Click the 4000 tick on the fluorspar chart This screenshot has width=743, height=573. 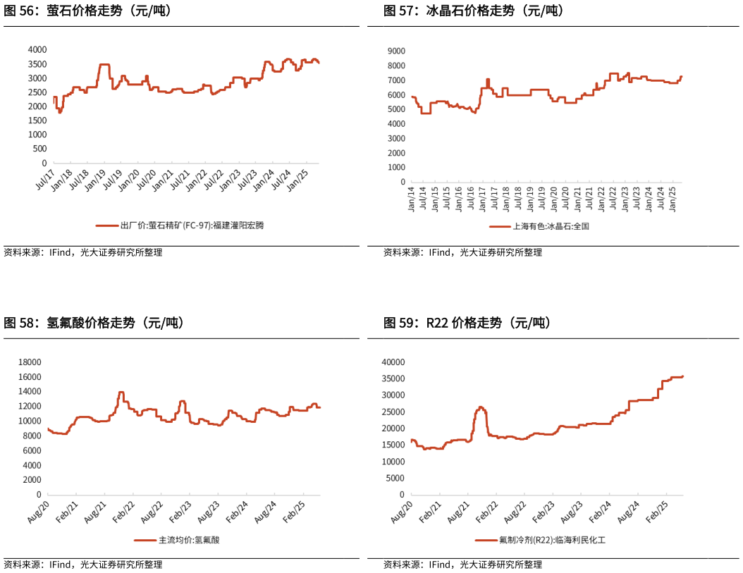click(x=37, y=50)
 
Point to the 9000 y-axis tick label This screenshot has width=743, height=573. click(x=395, y=51)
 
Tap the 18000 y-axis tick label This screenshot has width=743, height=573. click(x=30, y=362)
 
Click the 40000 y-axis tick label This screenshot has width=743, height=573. click(x=393, y=362)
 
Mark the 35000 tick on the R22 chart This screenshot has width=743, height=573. click(x=393, y=378)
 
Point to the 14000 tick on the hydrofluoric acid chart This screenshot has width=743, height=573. click(x=30, y=392)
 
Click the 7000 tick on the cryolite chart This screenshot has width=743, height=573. click(x=395, y=80)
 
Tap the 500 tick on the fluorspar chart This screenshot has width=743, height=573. click(x=39, y=149)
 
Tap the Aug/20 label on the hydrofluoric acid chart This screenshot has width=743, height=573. click(x=40, y=512)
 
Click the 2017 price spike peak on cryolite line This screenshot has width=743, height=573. click(x=488, y=80)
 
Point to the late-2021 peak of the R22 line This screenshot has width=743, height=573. click(x=481, y=407)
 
